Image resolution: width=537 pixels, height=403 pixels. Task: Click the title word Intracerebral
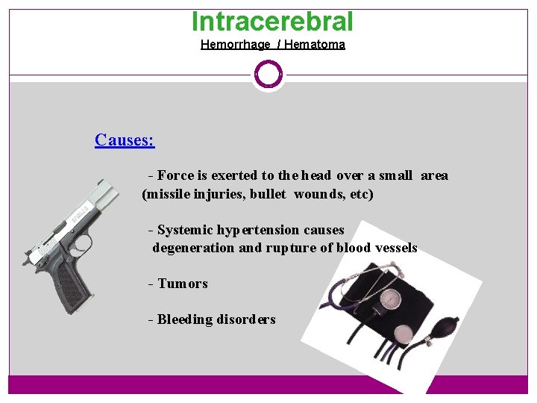coord(272,22)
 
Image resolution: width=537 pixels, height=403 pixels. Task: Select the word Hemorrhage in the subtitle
coord(235,45)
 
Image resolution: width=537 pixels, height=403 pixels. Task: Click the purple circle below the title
coord(268,75)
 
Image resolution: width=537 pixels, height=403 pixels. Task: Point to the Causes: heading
coord(125,140)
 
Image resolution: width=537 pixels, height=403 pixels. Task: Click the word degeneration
coord(193,248)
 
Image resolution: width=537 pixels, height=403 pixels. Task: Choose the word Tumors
coord(183,284)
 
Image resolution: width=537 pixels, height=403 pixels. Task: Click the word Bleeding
coord(185,319)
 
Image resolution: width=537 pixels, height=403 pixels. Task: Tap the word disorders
coord(246,319)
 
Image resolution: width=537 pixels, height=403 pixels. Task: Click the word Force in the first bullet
coord(176,176)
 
